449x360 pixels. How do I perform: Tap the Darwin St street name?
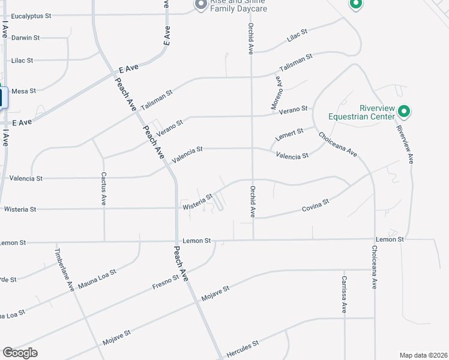tap(25, 37)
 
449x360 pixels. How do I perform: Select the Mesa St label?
tap(24, 91)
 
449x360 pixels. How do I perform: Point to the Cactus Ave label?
tap(103, 189)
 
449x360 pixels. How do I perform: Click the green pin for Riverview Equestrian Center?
tap(404, 111)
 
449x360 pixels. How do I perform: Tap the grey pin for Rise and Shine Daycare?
tap(200, 5)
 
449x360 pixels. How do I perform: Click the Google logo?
tap(20, 353)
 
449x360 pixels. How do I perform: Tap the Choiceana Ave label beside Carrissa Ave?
tap(374, 268)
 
